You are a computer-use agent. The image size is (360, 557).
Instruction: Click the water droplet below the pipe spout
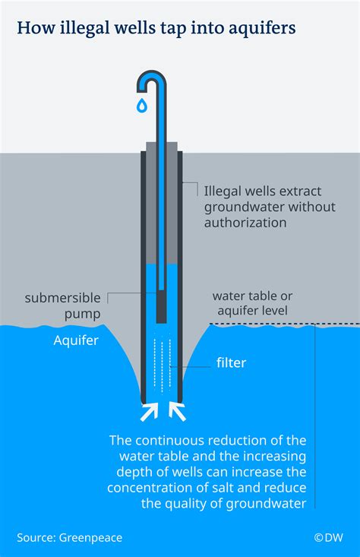(141, 106)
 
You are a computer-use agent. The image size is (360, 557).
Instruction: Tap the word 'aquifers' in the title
(257, 28)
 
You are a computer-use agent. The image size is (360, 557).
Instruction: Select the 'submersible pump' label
(62, 304)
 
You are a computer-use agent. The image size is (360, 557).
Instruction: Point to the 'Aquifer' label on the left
(76, 341)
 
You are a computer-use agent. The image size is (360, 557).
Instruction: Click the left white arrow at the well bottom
(147, 412)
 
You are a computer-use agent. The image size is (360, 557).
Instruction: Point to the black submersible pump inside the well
(162, 308)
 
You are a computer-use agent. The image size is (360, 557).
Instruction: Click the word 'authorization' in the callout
(245, 223)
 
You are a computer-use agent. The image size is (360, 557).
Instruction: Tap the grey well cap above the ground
(162, 146)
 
